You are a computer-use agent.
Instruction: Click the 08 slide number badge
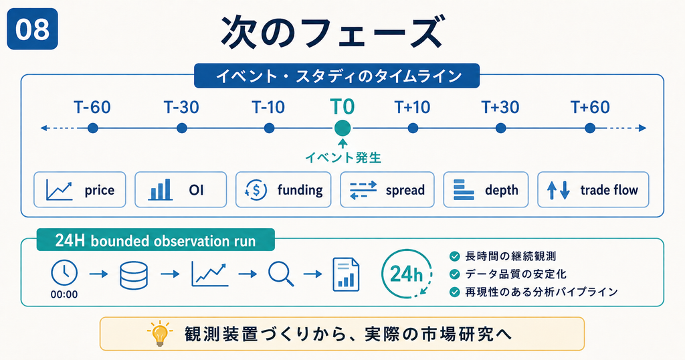click(x=32, y=29)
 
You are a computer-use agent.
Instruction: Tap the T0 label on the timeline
click(x=342, y=106)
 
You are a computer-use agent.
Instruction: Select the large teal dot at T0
click(x=342, y=128)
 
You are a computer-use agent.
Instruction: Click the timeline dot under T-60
click(x=92, y=128)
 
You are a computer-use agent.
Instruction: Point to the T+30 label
click(x=500, y=107)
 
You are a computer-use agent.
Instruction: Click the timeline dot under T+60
click(x=590, y=128)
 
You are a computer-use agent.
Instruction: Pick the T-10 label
click(x=268, y=107)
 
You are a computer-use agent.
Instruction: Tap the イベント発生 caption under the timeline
click(x=343, y=157)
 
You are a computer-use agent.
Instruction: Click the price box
click(x=80, y=189)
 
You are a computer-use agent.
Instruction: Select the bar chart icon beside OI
click(x=160, y=190)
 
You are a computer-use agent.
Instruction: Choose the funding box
click(x=284, y=189)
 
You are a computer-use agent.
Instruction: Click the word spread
click(x=405, y=190)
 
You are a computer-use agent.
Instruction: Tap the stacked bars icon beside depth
click(x=464, y=190)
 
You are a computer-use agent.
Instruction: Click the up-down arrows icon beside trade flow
click(x=559, y=190)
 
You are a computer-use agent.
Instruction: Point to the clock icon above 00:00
click(x=64, y=273)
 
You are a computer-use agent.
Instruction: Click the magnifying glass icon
click(x=281, y=274)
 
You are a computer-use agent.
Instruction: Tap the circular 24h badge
click(x=407, y=274)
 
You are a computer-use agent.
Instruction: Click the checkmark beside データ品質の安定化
click(x=455, y=274)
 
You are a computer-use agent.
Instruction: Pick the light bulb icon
click(x=161, y=334)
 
